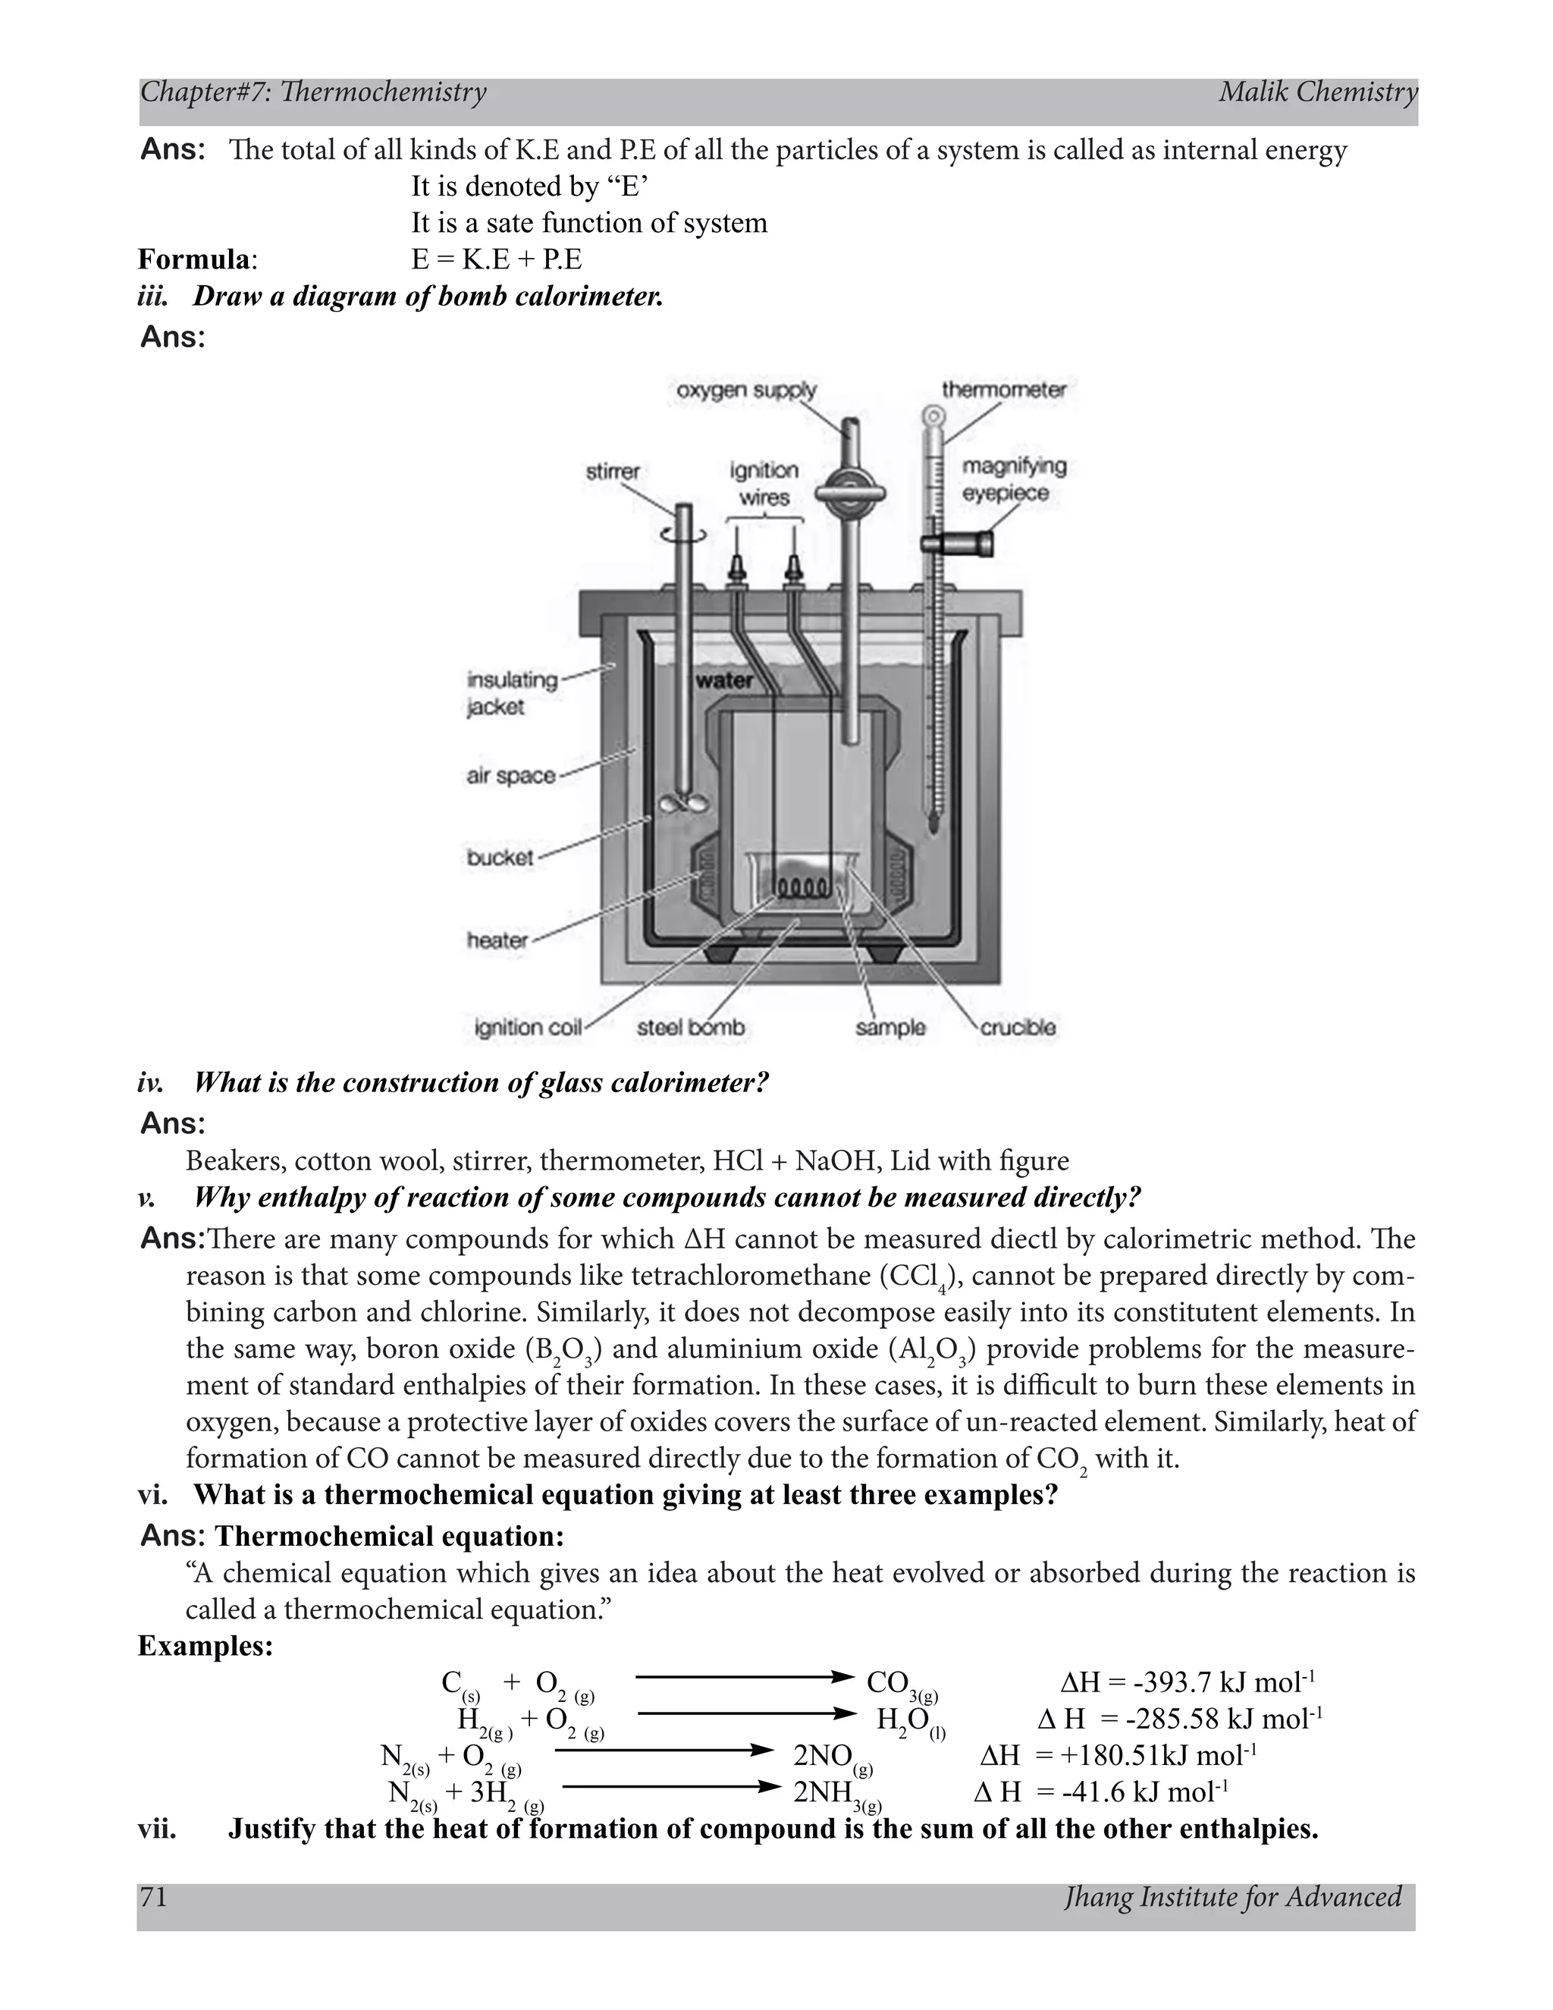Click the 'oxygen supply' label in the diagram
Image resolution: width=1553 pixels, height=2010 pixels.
746,390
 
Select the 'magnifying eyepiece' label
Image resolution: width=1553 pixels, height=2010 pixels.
1014,479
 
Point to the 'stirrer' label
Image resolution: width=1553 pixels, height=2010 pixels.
613,472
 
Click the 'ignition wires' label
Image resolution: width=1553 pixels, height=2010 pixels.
764,483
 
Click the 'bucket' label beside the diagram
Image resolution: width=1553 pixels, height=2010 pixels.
500,858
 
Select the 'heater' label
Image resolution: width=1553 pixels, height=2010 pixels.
497,941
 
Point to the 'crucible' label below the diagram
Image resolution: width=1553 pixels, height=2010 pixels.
1018,1028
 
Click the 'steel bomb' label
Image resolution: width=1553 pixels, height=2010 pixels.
690,1028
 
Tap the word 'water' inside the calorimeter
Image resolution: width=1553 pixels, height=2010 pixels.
724,681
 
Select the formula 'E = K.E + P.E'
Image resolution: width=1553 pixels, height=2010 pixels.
497,260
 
